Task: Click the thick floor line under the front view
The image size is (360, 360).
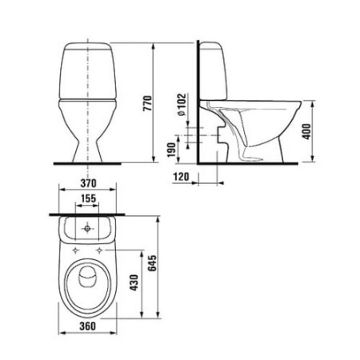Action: pyautogui.click(x=88, y=162)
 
